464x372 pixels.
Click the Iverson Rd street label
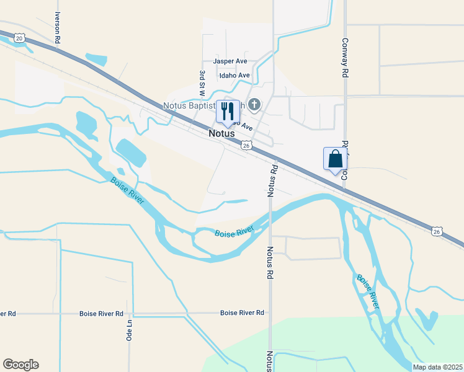pos(58,27)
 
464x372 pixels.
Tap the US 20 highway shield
pos(19,38)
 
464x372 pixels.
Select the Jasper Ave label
pos(230,61)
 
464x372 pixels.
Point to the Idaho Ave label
pos(234,76)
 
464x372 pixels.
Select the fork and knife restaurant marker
pos(228,112)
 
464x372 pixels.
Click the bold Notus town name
pos(221,133)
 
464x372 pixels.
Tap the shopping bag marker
pos(335,159)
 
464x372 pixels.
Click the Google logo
pos(20,365)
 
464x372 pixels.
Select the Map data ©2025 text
pos(437,367)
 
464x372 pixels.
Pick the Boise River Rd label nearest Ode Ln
pos(101,314)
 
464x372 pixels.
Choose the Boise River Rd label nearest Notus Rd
pos(242,313)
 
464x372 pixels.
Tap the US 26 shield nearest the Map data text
pos(437,231)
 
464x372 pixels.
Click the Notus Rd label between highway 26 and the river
pos(271,181)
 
